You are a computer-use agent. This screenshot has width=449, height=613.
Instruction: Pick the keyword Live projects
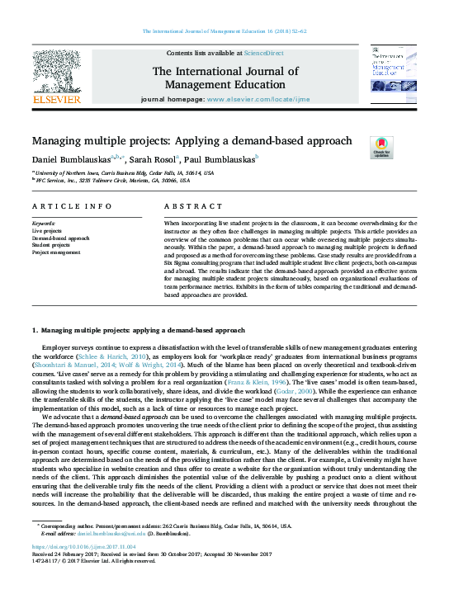(48, 230)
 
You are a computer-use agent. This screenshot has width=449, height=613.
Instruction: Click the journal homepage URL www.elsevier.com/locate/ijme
(258, 122)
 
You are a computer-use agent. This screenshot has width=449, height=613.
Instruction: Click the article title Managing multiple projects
(191, 141)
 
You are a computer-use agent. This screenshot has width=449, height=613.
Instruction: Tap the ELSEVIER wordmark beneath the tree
(57, 99)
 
